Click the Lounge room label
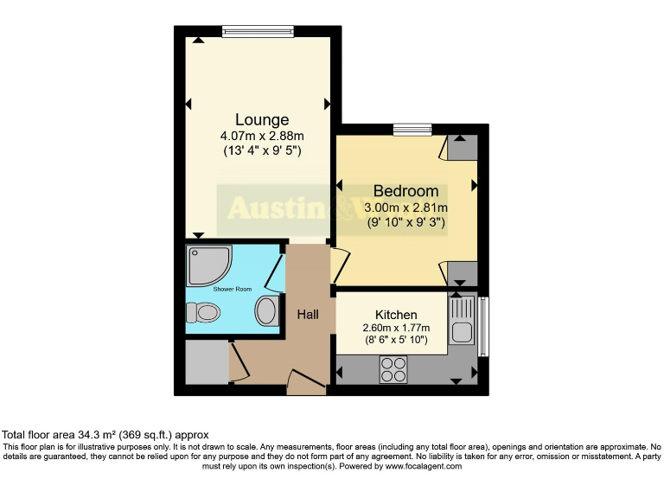coord(262,120)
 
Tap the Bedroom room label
coord(405,191)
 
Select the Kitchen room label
coord(396,315)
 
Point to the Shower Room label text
coord(231,288)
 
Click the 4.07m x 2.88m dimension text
coord(262,137)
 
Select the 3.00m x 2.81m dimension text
coord(405,207)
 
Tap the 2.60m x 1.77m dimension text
coord(396,329)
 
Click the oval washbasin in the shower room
coord(267,310)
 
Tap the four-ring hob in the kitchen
coord(394,369)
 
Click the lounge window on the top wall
coord(258,32)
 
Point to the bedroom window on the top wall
coord(412,130)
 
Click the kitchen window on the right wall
coord(483,326)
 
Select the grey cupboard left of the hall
coord(205,363)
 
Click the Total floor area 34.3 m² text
coord(105,434)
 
